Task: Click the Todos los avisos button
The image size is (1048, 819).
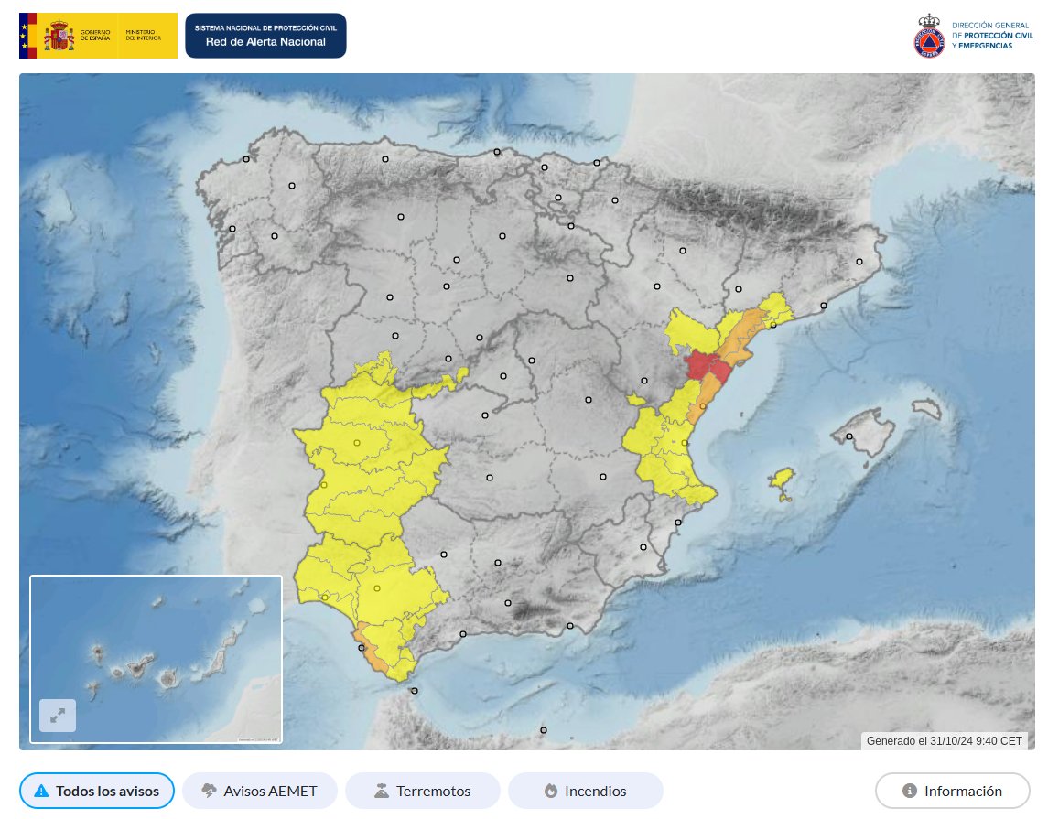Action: click(x=96, y=791)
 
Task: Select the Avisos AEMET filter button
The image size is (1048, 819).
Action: click(x=260, y=791)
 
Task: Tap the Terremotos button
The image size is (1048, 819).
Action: click(x=422, y=791)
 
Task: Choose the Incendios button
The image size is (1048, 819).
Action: click(x=585, y=791)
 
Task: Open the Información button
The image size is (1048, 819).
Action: click(x=952, y=791)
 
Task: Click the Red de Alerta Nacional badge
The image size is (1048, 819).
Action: click(x=265, y=36)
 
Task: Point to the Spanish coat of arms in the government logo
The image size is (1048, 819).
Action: click(x=60, y=37)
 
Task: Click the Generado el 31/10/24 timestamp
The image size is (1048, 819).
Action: click(x=944, y=740)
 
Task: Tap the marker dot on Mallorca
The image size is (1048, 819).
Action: click(x=850, y=436)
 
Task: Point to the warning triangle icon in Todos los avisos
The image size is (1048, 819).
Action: click(x=40, y=791)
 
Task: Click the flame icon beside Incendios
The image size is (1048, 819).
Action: click(x=550, y=791)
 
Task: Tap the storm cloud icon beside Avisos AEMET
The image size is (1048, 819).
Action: click(x=209, y=791)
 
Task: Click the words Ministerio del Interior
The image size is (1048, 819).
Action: click(x=143, y=36)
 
